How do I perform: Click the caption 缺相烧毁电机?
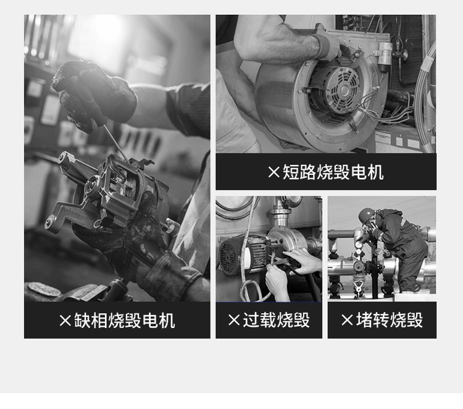124,321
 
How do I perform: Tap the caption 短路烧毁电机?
333,172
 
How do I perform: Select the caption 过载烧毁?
277,320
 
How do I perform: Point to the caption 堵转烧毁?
390,320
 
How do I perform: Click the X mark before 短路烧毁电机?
273,172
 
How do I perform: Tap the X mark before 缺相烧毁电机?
65,321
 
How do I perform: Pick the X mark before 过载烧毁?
234,320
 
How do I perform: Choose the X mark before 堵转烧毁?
347,320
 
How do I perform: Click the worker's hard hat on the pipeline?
366,215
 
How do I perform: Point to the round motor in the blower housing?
336,89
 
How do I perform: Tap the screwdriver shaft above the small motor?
116,142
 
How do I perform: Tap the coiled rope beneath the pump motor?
251,291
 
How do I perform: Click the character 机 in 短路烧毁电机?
376,172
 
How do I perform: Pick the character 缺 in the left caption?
81,321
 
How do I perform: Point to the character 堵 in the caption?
364,320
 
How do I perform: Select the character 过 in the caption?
251,320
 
